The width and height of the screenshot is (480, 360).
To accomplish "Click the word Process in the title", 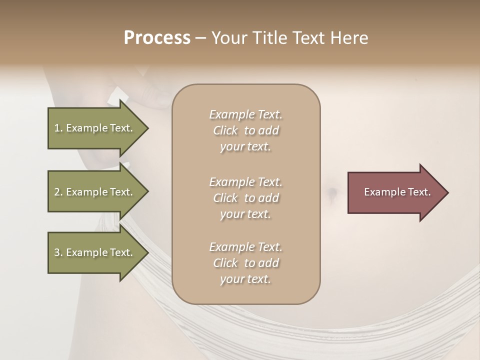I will click(157, 38).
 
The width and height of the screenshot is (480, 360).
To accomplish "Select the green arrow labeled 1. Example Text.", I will click(95, 128).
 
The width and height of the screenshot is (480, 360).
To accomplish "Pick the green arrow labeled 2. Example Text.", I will click(95, 192).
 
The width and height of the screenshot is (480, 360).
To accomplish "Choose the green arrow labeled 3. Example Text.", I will click(95, 252).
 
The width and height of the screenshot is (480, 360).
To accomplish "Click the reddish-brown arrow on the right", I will click(395, 192).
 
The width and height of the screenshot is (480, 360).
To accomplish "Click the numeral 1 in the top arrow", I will click(57, 128).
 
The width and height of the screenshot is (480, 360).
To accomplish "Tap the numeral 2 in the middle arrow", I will click(57, 192).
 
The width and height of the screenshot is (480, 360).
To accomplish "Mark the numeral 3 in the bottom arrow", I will click(57, 252).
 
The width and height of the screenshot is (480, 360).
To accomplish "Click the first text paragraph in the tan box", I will click(246, 130).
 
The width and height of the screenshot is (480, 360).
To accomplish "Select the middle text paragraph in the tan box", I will click(246, 198).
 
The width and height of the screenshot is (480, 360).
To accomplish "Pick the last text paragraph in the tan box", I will click(246, 263).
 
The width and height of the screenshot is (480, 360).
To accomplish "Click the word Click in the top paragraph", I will click(225, 130).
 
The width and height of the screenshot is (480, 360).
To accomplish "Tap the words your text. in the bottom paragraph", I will click(245, 279).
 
